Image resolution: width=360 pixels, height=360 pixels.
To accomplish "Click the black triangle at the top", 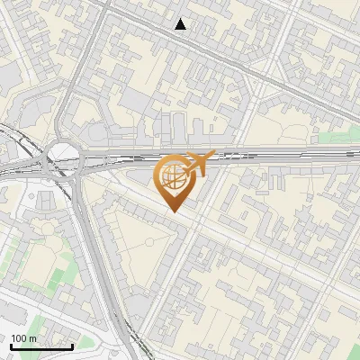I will pyautogui.click(x=181, y=24).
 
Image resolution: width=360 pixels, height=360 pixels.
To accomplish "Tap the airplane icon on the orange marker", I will pyautogui.click(x=201, y=162).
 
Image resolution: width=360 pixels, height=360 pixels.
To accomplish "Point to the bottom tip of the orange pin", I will pyautogui.click(x=173, y=211).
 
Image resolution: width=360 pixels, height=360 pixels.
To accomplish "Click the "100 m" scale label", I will pyautogui.click(x=24, y=338).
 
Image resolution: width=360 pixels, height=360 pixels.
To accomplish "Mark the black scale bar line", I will pyautogui.click(x=41, y=346).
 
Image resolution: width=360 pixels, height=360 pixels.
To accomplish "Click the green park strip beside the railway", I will pyautogui.click(x=337, y=137).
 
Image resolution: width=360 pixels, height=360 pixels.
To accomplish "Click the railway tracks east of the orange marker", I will pyautogui.click(x=288, y=154).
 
